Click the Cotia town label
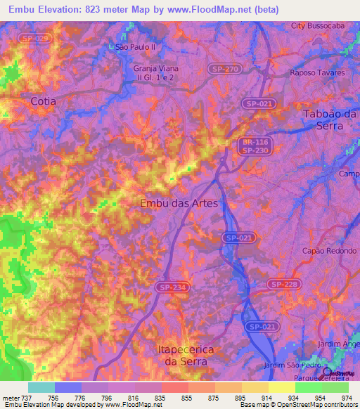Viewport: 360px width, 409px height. point(43,101)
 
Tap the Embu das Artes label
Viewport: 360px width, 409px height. point(179,202)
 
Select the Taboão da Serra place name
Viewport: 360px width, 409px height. point(330,119)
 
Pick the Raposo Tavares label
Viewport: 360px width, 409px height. point(317,72)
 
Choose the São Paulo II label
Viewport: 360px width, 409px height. point(134,47)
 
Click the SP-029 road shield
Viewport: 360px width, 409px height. point(35,38)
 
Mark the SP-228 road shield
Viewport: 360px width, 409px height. point(284,284)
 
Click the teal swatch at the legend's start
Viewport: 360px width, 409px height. point(41,387)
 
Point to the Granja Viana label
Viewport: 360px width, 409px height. point(156,68)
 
